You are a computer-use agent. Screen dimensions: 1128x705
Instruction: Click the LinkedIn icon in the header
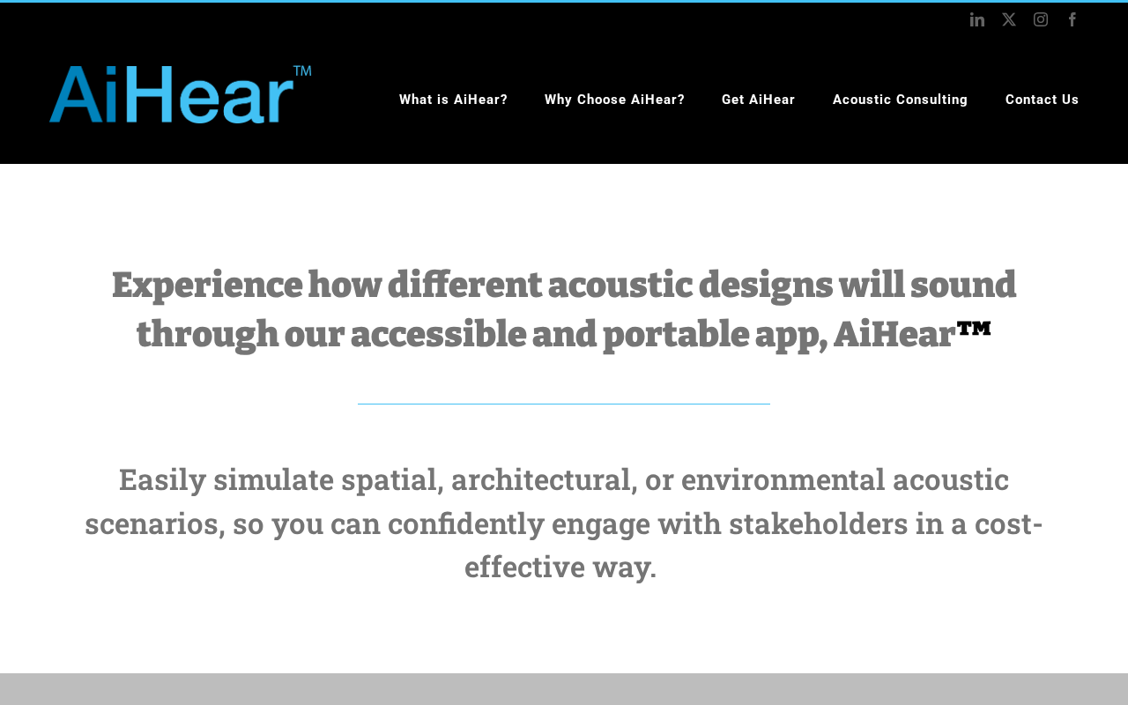(977, 19)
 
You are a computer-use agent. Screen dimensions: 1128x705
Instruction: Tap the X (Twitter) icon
(1009, 19)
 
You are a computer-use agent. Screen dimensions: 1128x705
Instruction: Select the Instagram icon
(1041, 19)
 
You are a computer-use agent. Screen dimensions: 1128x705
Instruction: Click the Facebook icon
(1072, 19)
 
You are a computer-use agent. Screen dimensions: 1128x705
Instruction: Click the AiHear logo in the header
(171, 94)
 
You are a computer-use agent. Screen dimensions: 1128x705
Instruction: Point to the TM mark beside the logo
(302, 70)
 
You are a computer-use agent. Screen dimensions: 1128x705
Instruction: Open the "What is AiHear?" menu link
(453, 100)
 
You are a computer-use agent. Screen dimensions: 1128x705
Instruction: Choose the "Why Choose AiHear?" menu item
(614, 100)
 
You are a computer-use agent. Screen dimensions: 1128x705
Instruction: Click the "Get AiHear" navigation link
(758, 100)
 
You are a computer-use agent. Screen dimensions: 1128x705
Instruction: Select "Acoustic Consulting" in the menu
(900, 100)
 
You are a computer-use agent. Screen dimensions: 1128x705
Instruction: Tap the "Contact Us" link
(1042, 100)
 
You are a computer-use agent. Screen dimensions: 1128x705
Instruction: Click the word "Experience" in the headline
(207, 286)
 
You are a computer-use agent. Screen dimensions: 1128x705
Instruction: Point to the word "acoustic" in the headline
(620, 285)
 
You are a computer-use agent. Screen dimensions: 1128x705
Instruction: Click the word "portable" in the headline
(676, 336)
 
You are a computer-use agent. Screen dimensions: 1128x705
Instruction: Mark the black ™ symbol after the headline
(974, 329)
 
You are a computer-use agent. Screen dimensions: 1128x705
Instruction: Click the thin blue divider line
(564, 404)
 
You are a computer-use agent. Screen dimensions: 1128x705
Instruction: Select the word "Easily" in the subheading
(163, 481)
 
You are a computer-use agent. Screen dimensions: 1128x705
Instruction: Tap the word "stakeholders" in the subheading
(819, 523)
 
